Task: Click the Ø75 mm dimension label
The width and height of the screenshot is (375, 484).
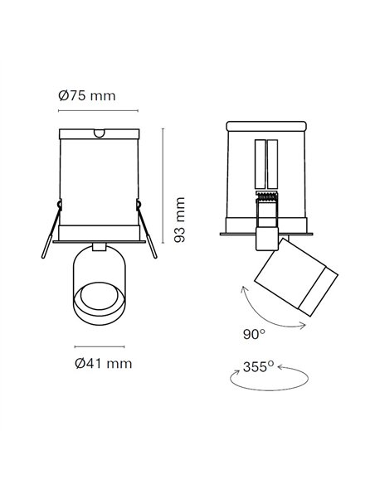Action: click(x=86, y=96)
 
